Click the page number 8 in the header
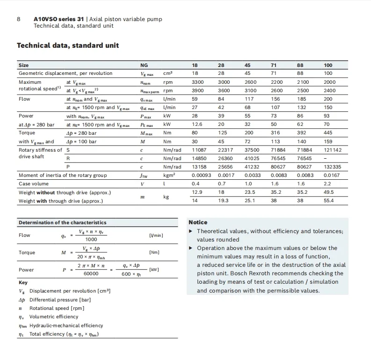point(18,19)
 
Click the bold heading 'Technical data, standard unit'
point(68,45)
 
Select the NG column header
point(144,65)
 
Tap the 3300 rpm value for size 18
point(198,82)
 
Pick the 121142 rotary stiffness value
point(333,150)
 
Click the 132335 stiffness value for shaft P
point(333,167)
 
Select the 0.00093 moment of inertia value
point(202,175)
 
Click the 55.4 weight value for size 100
point(329,201)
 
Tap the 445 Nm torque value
point(328,133)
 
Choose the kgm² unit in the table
point(169,175)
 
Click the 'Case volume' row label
point(34,184)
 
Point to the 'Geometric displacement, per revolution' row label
point(65,73)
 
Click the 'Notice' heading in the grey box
point(198,222)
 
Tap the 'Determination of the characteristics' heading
point(62,223)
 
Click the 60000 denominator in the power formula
point(91,274)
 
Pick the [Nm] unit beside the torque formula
point(154,252)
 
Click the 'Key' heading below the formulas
point(23,283)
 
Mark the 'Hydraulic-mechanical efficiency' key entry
point(66,325)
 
